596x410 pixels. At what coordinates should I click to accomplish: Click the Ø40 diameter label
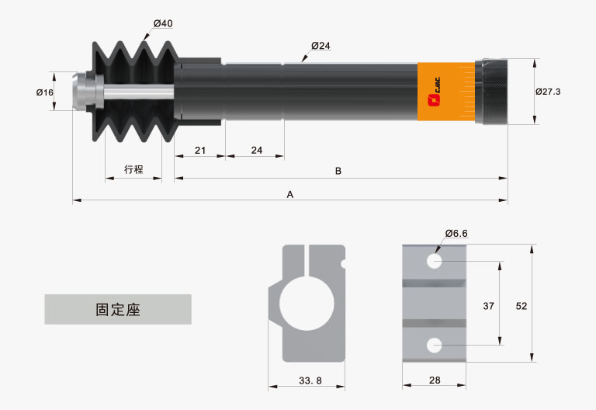coord(163,23)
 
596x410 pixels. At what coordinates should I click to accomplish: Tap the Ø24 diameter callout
coord(321,46)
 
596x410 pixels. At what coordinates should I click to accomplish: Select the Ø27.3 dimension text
coord(548,92)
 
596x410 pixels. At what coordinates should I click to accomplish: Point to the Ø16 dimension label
coord(45,92)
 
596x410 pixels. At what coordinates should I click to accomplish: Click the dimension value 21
coord(200,150)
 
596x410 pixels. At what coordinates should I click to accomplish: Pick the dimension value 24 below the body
coord(257,150)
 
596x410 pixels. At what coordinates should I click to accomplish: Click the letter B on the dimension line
coord(338,171)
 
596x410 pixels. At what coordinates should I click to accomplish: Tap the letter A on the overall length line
coord(290,195)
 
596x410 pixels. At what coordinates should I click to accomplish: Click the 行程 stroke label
coord(133,169)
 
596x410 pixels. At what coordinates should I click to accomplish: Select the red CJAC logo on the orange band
coord(434,92)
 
